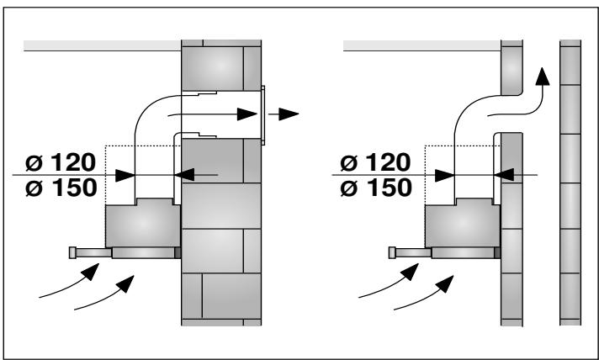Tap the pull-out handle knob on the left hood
(x=75, y=251)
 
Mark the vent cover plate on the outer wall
(x=263, y=114)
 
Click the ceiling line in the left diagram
(x=101, y=45)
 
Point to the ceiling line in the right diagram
(x=421, y=45)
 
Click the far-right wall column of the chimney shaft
(x=570, y=185)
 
